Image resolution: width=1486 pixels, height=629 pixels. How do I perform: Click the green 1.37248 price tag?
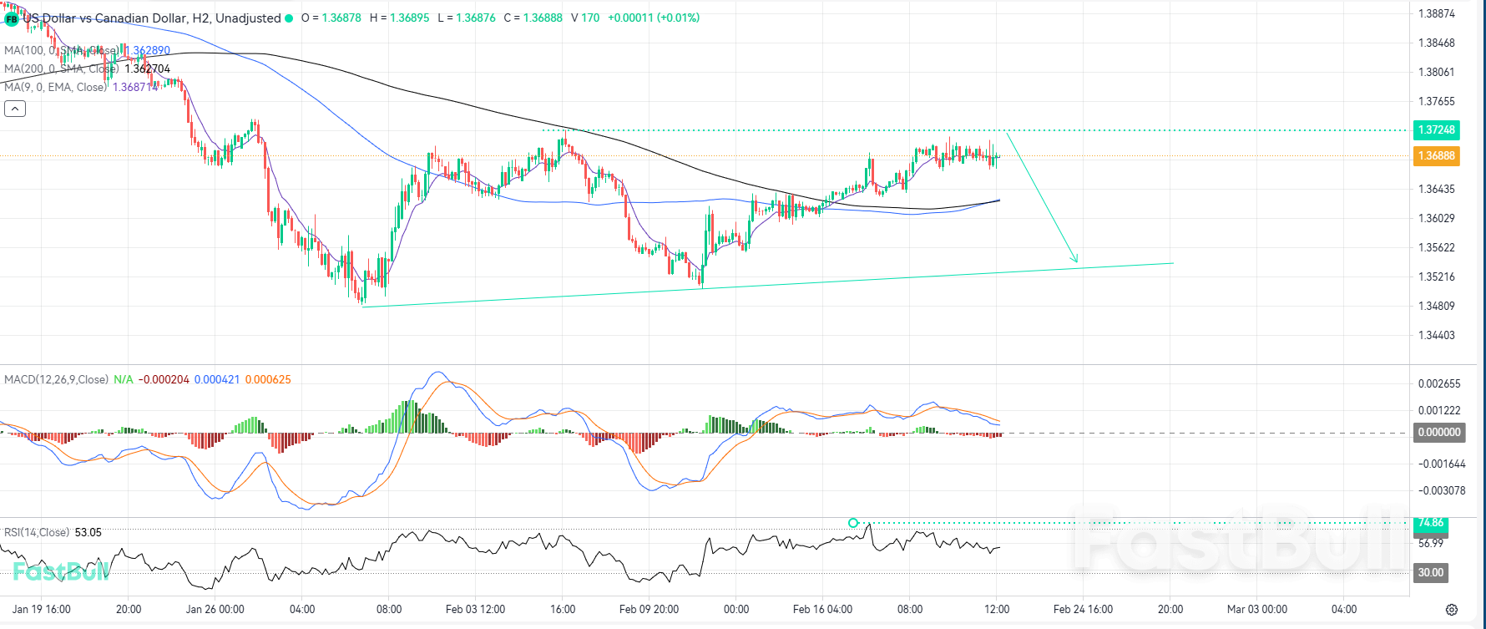(x=1436, y=129)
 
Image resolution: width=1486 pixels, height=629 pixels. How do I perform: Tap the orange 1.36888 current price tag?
(x=1436, y=155)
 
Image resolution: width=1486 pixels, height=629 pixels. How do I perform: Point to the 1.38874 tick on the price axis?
(x=1436, y=13)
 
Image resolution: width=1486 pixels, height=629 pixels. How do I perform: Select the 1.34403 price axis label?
(x=1436, y=335)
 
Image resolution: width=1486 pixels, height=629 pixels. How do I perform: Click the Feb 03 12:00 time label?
(x=475, y=609)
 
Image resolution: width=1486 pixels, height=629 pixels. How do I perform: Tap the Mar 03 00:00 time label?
(x=1256, y=609)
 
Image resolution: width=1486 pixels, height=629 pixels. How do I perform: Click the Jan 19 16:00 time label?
(x=42, y=609)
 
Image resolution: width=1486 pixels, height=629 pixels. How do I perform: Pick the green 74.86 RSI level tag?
(x=1431, y=523)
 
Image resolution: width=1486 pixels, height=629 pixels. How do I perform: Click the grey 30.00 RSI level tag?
(x=1431, y=572)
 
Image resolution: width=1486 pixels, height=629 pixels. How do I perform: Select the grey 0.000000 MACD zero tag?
(x=1439, y=432)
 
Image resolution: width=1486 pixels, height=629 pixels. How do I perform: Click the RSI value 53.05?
(x=88, y=532)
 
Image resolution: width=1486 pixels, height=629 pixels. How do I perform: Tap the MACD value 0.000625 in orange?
(x=268, y=379)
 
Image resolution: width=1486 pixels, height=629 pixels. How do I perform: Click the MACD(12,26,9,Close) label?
(x=56, y=379)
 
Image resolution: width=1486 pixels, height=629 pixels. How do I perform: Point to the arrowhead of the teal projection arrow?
(x=1076, y=261)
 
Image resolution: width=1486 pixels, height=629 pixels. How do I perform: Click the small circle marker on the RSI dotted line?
(x=852, y=523)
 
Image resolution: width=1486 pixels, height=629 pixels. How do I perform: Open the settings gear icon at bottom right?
(x=1452, y=610)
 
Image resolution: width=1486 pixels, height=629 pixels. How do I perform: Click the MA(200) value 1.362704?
(x=148, y=68)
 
